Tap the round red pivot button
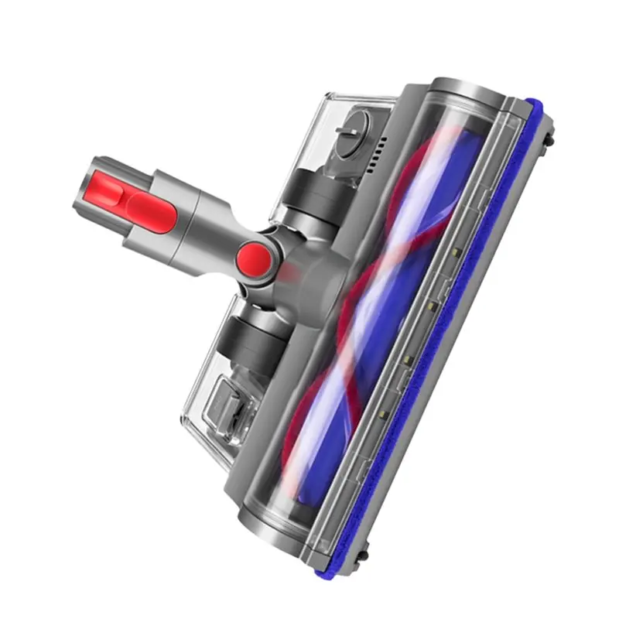click(x=254, y=256)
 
